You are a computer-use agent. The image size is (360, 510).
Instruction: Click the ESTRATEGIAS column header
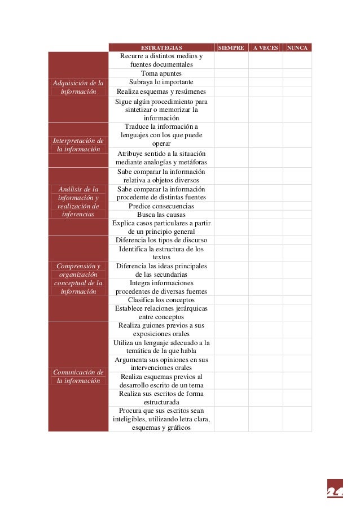[x=161, y=48]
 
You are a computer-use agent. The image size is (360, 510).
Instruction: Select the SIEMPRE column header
[x=231, y=48]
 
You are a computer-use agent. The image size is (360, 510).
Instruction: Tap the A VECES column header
[x=265, y=48]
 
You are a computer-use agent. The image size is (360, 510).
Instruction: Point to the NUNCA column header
[x=297, y=48]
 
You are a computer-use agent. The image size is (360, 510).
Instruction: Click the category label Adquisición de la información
[x=78, y=88]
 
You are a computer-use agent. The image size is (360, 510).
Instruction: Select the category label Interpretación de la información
[x=78, y=145]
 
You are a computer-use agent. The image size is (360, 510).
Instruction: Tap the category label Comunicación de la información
[x=78, y=376]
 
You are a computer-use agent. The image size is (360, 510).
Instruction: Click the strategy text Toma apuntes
[x=161, y=73]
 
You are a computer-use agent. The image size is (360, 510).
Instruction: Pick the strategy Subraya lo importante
[x=161, y=82]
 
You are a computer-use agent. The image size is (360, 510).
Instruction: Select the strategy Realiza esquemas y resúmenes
[x=161, y=91]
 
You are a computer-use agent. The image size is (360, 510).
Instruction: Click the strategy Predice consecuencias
[x=161, y=206]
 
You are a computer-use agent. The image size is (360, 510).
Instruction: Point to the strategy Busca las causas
[x=161, y=215]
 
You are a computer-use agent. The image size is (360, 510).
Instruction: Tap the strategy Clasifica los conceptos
[x=161, y=300]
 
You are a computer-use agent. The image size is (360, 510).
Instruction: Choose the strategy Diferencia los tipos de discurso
[x=161, y=240]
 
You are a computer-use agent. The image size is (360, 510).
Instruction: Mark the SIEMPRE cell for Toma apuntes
[x=231, y=73]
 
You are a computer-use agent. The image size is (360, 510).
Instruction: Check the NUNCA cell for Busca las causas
[x=297, y=215]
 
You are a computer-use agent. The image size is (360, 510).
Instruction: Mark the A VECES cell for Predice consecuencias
[x=265, y=206]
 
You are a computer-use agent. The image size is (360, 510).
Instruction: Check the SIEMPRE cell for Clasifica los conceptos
[x=231, y=300]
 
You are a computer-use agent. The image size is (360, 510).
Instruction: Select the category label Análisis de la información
[x=78, y=202]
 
